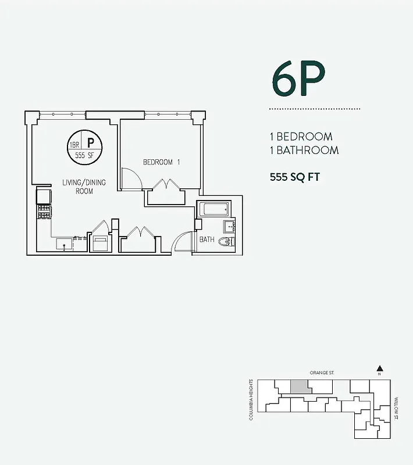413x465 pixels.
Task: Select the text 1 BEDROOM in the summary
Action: [x=301, y=137]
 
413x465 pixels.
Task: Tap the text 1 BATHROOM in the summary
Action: [x=304, y=151]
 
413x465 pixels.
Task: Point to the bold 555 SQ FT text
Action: [x=295, y=177]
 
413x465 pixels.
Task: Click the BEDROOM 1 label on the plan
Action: [x=162, y=163]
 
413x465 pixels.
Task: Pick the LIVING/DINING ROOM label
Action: [x=84, y=187]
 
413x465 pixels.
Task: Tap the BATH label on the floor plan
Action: [x=207, y=239]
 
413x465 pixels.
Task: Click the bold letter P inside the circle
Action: [x=91, y=142]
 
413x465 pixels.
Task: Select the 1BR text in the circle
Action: [x=74, y=145]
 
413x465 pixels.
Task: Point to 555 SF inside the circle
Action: [x=84, y=156]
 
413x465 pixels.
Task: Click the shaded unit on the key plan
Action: [x=299, y=387]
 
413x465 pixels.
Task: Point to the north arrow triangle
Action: [x=379, y=368]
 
